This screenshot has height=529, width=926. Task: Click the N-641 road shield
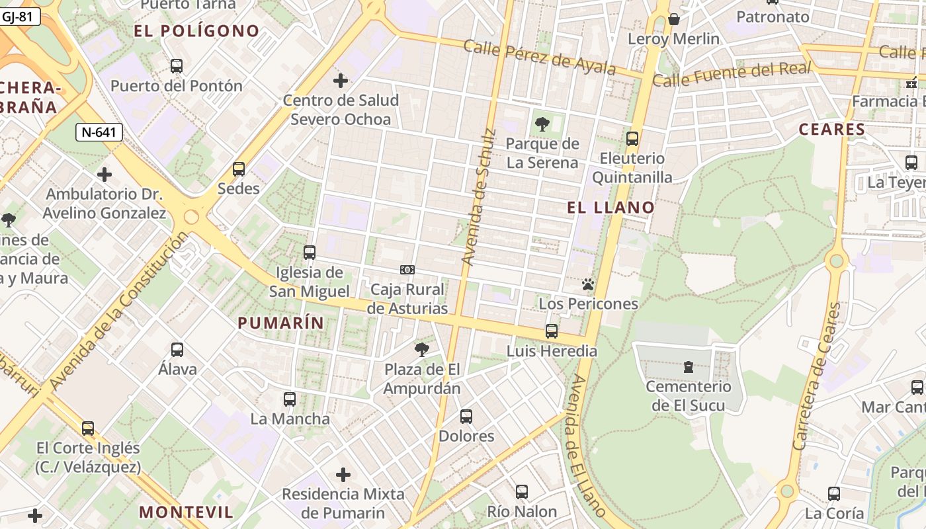[99, 132]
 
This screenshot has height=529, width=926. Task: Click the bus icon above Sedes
[239, 169]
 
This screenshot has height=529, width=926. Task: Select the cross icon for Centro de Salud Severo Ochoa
[341, 81]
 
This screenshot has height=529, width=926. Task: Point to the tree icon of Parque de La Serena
[542, 124]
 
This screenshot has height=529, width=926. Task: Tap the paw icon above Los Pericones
[588, 285]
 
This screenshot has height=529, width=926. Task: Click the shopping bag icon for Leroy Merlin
[674, 19]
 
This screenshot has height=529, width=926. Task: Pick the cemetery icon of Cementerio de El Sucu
[689, 367]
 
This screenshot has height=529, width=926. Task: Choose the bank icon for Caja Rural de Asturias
[407, 270]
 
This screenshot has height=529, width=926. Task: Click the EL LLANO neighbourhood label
[610, 208]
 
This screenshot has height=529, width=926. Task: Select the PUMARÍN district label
[280, 323]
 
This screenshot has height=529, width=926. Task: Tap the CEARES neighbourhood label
[832, 130]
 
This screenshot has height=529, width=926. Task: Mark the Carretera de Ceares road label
[820, 376]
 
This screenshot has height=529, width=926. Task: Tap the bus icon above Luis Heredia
[552, 331]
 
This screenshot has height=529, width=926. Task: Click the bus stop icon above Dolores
[466, 417]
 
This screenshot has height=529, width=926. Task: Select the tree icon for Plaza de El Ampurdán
[421, 350]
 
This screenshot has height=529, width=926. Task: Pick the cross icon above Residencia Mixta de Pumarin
[343, 475]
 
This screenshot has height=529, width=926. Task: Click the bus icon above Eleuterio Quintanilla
[632, 139]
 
